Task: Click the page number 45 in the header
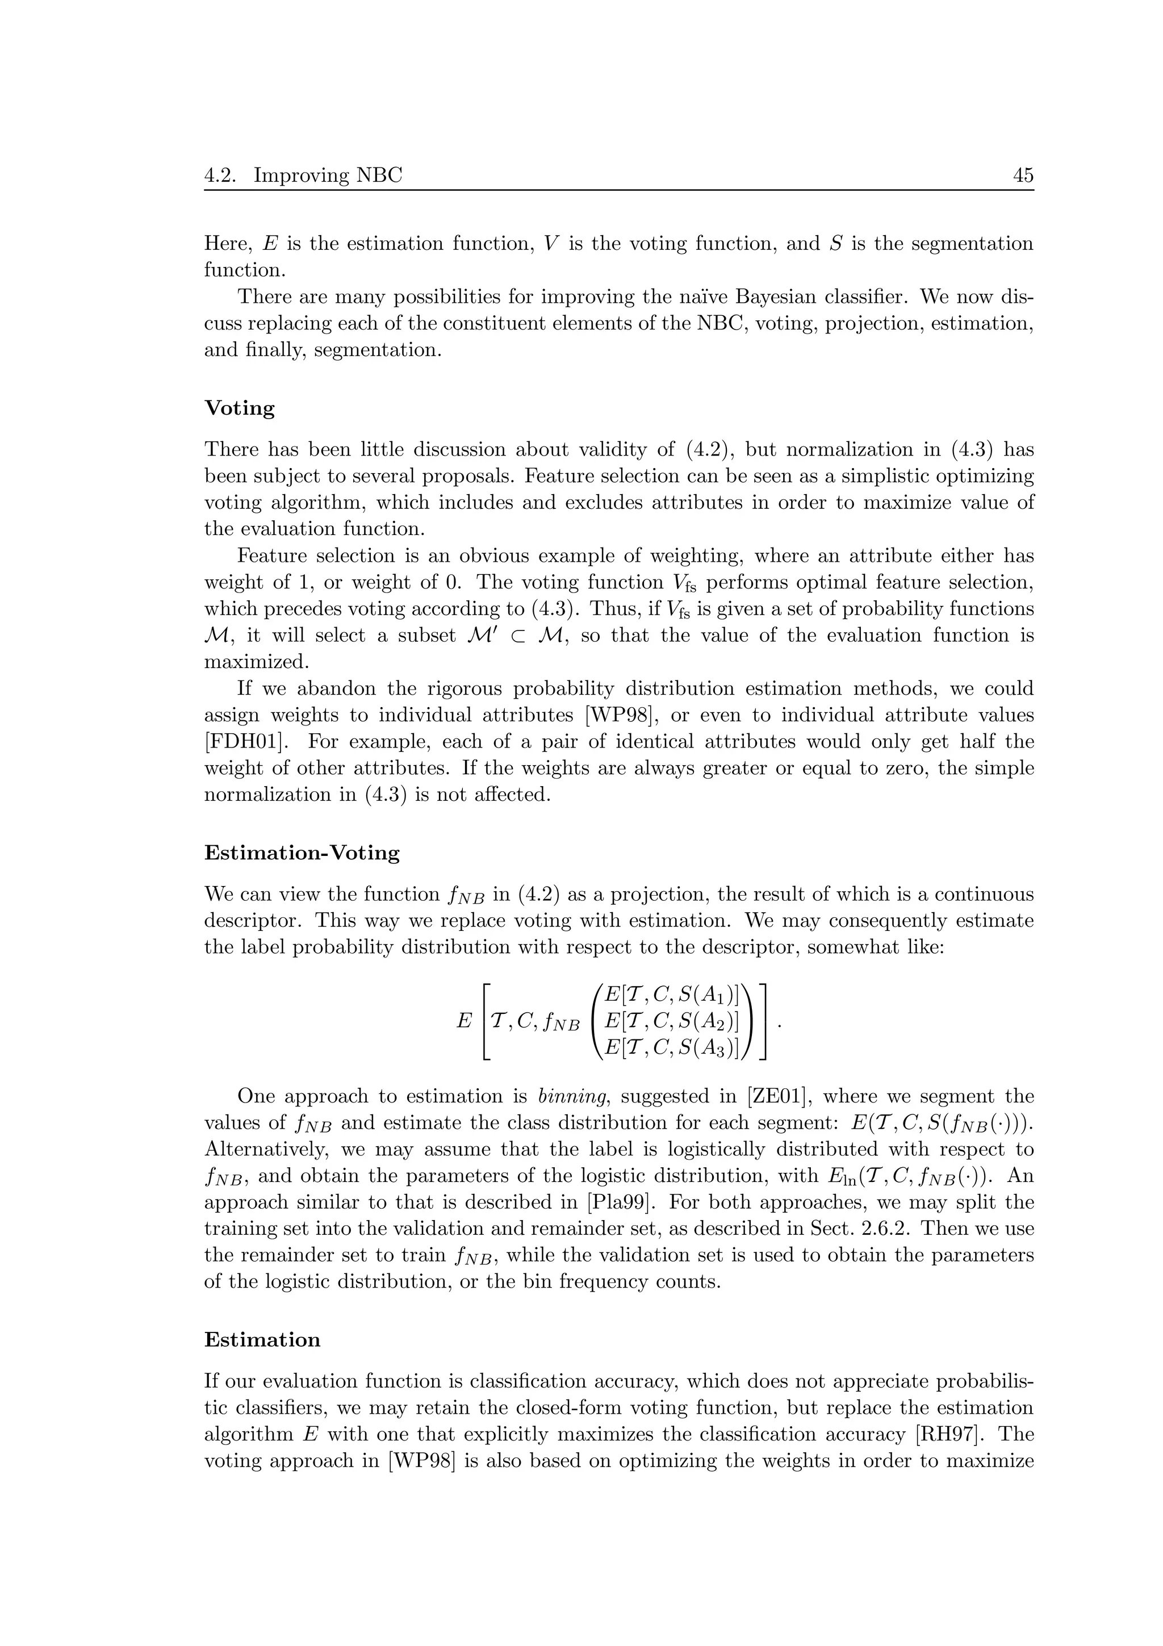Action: tap(1023, 176)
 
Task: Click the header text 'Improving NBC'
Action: tap(328, 176)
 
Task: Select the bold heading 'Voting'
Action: tap(239, 408)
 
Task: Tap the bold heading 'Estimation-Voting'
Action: tap(302, 853)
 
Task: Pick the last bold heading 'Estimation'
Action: tap(262, 1340)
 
